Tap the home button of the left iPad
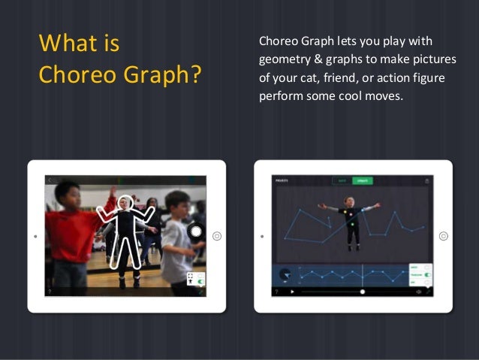click(x=216, y=235)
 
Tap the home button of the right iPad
click(x=443, y=235)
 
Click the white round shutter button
click(x=196, y=231)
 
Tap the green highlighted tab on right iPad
click(x=363, y=180)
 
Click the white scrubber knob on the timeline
click(x=363, y=292)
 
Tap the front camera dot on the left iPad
click(x=35, y=235)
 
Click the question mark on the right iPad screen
click(x=276, y=292)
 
